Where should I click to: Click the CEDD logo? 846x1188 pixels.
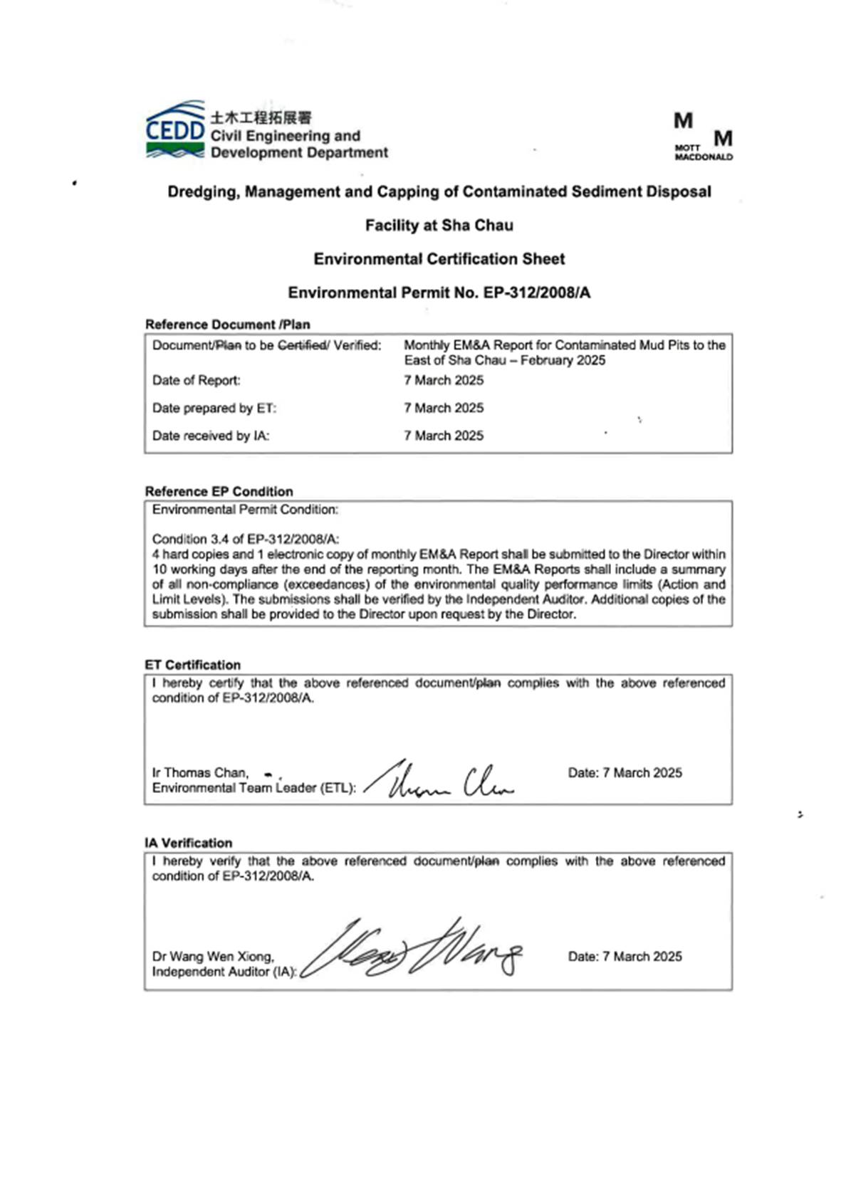point(175,130)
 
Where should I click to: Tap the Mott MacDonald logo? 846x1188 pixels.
point(703,137)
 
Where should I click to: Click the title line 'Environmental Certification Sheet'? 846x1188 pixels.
point(439,259)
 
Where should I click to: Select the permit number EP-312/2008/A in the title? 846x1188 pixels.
point(537,293)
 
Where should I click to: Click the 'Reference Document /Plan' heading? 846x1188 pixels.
point(227,325)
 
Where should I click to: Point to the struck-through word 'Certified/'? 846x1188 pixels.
point(303,345)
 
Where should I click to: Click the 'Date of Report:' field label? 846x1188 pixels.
point(196,380)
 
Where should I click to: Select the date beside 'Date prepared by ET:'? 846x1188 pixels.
point(443,408)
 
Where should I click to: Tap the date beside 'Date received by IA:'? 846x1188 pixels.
point(443,436)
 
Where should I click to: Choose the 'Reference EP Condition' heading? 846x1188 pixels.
point(219,491)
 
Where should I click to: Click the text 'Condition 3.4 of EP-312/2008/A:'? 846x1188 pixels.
point(245,539)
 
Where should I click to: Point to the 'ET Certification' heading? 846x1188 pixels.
point(192,665)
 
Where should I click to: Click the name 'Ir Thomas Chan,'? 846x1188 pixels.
point(200,772)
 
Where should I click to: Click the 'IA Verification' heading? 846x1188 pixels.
point(188,843)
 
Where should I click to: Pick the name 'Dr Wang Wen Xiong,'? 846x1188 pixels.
point(213,956)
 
